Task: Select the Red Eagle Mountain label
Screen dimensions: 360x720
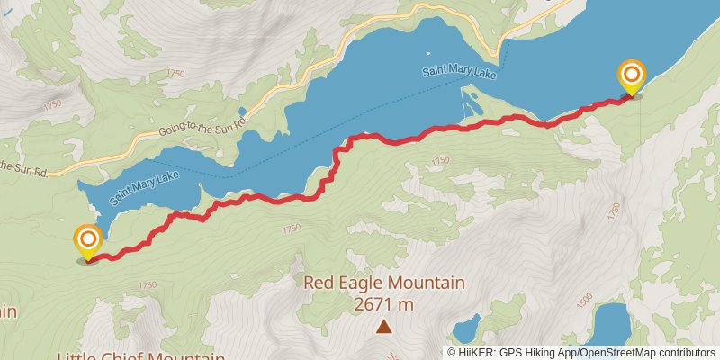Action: point(383,283)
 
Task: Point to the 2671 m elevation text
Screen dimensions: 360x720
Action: point(383,304)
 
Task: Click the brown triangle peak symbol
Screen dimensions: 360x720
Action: point(383,327)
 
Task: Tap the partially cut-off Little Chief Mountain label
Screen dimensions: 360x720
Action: point(139,355)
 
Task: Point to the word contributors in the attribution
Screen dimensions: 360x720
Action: point(688,353)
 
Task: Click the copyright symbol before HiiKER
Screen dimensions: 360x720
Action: point(453,353)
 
